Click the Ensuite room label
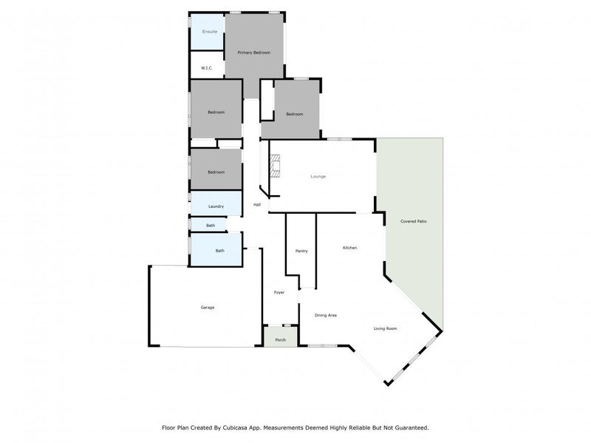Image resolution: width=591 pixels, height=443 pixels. coord(210,33)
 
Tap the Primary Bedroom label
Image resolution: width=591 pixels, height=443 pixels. coord(253,53)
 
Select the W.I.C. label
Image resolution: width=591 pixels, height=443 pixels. coord(207,69)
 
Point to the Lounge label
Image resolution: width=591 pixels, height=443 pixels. coord(318,176)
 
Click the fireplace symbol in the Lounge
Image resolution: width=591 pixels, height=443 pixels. coord(275,166)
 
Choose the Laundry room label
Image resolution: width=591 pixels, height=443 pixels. coord(216,206)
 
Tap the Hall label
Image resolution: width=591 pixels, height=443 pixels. coord(257,205)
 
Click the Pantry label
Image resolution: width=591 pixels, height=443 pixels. coord(301,251)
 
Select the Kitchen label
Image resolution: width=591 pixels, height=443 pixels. coord(349,248)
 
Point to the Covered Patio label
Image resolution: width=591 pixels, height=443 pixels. coord(414,222)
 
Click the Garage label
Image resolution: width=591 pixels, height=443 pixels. coord(208,307)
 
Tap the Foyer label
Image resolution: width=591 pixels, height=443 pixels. coord(279,293)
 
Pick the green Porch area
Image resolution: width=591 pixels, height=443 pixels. coord(280,339)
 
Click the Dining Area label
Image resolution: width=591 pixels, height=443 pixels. coord(326,316)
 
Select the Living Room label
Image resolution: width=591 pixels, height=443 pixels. coord(386,328)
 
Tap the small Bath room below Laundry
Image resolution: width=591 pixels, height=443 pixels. coord(211,225)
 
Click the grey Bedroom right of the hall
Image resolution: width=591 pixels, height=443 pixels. coord(294,113)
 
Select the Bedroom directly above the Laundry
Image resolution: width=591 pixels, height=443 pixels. coord(216,172)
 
